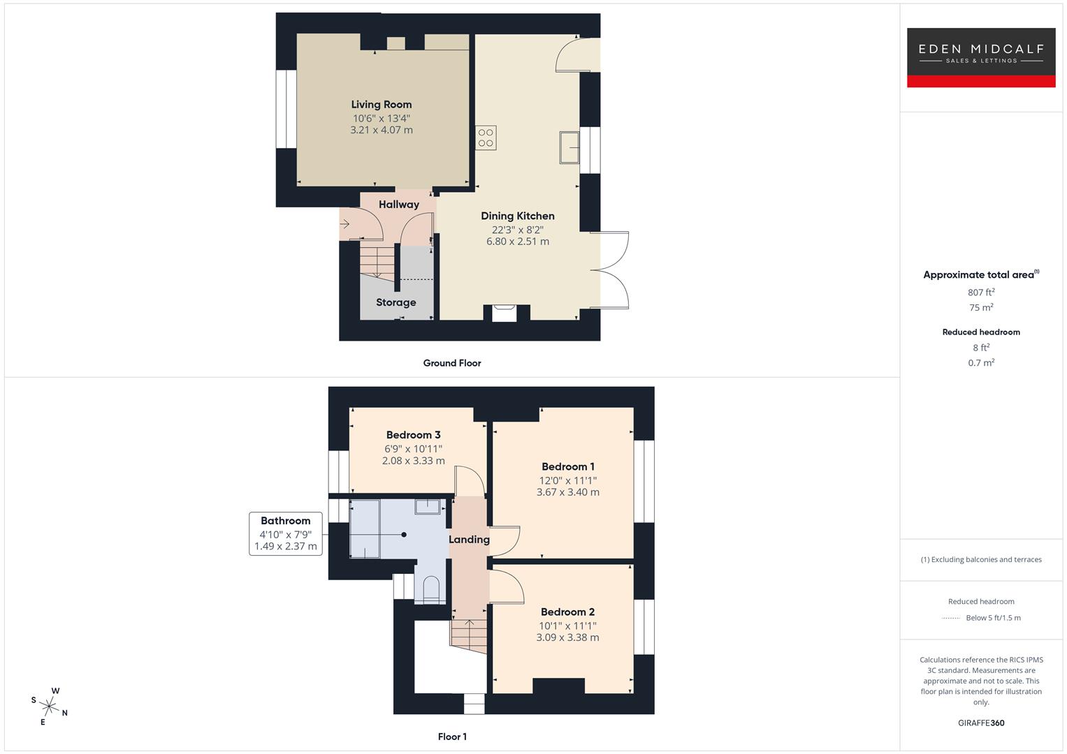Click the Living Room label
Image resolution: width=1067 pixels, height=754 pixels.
tap(382, 105)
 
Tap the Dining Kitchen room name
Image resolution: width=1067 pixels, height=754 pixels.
tap(517, 216)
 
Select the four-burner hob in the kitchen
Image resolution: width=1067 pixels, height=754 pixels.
tap(486, 138)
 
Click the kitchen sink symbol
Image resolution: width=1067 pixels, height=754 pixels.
tap(569, 147)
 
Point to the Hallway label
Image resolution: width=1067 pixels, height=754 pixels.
tap(398, 205)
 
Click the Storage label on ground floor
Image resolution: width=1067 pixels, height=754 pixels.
tap(395, 302)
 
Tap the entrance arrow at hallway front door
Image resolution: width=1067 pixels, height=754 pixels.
tap(345, 224)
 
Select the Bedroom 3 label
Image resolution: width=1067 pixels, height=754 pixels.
tap(413, 435)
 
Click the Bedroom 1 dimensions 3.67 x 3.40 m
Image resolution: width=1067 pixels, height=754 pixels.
tap(567, 492)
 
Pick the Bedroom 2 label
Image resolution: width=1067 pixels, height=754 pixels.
tap(567, 612)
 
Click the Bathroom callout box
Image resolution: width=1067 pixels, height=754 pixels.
tap(285, 533)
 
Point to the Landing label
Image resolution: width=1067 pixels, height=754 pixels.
tap(469, 540)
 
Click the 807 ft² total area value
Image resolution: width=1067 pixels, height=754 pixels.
tap(980, 293)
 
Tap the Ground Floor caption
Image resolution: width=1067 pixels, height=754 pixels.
tap(452, 363)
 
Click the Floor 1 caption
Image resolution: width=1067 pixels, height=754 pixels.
tap(452, 737)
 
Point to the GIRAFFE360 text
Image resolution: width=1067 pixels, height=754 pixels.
tap(980, 723)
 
